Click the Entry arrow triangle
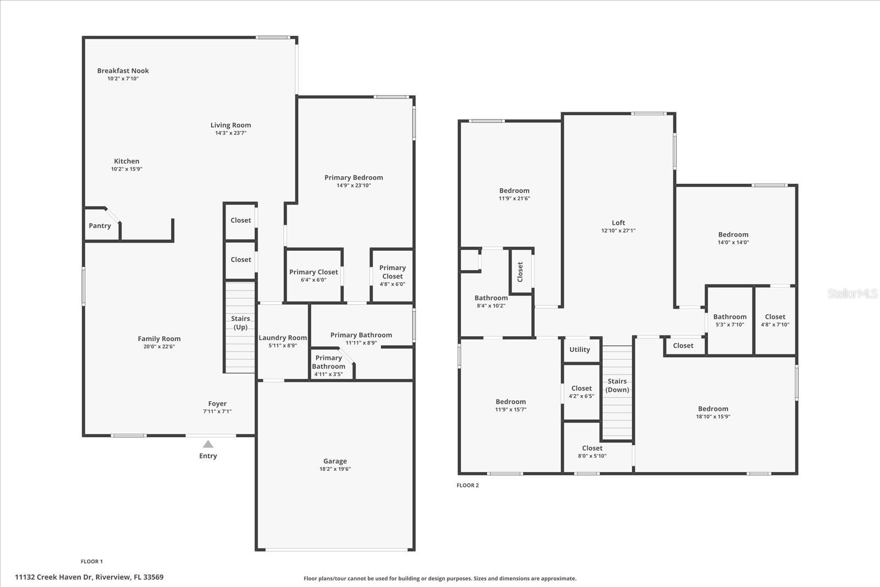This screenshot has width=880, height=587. [x=208, y=445]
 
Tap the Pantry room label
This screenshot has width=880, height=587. [x=100, y=226]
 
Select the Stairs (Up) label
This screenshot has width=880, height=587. [x=240, y=323]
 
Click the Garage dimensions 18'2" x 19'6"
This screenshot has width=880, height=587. [x=335, y=469]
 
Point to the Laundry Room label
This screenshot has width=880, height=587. [x=283, y=338]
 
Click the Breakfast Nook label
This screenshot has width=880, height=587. [x=123, y=70]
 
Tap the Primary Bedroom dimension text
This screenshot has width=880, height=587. [x=354, y=185]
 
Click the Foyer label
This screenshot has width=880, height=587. [x=217, y=404]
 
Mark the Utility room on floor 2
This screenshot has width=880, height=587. [x=580, y=349]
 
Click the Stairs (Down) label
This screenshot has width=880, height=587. [x=617, y=385]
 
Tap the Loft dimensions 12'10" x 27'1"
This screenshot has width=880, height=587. [x=618, y=231]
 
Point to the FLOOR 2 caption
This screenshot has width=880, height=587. [x=468, y=485]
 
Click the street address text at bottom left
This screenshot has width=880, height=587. [x=89, y=577]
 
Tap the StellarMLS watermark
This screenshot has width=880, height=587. [x=853, y=294]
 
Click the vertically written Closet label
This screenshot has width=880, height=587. [x=520, y=271]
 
